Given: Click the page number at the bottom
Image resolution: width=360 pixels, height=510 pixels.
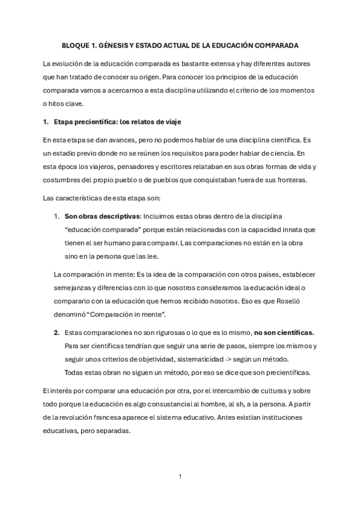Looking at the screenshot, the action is tap(180, 476).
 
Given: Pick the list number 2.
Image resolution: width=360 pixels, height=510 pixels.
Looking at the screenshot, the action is tap(56, 332).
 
